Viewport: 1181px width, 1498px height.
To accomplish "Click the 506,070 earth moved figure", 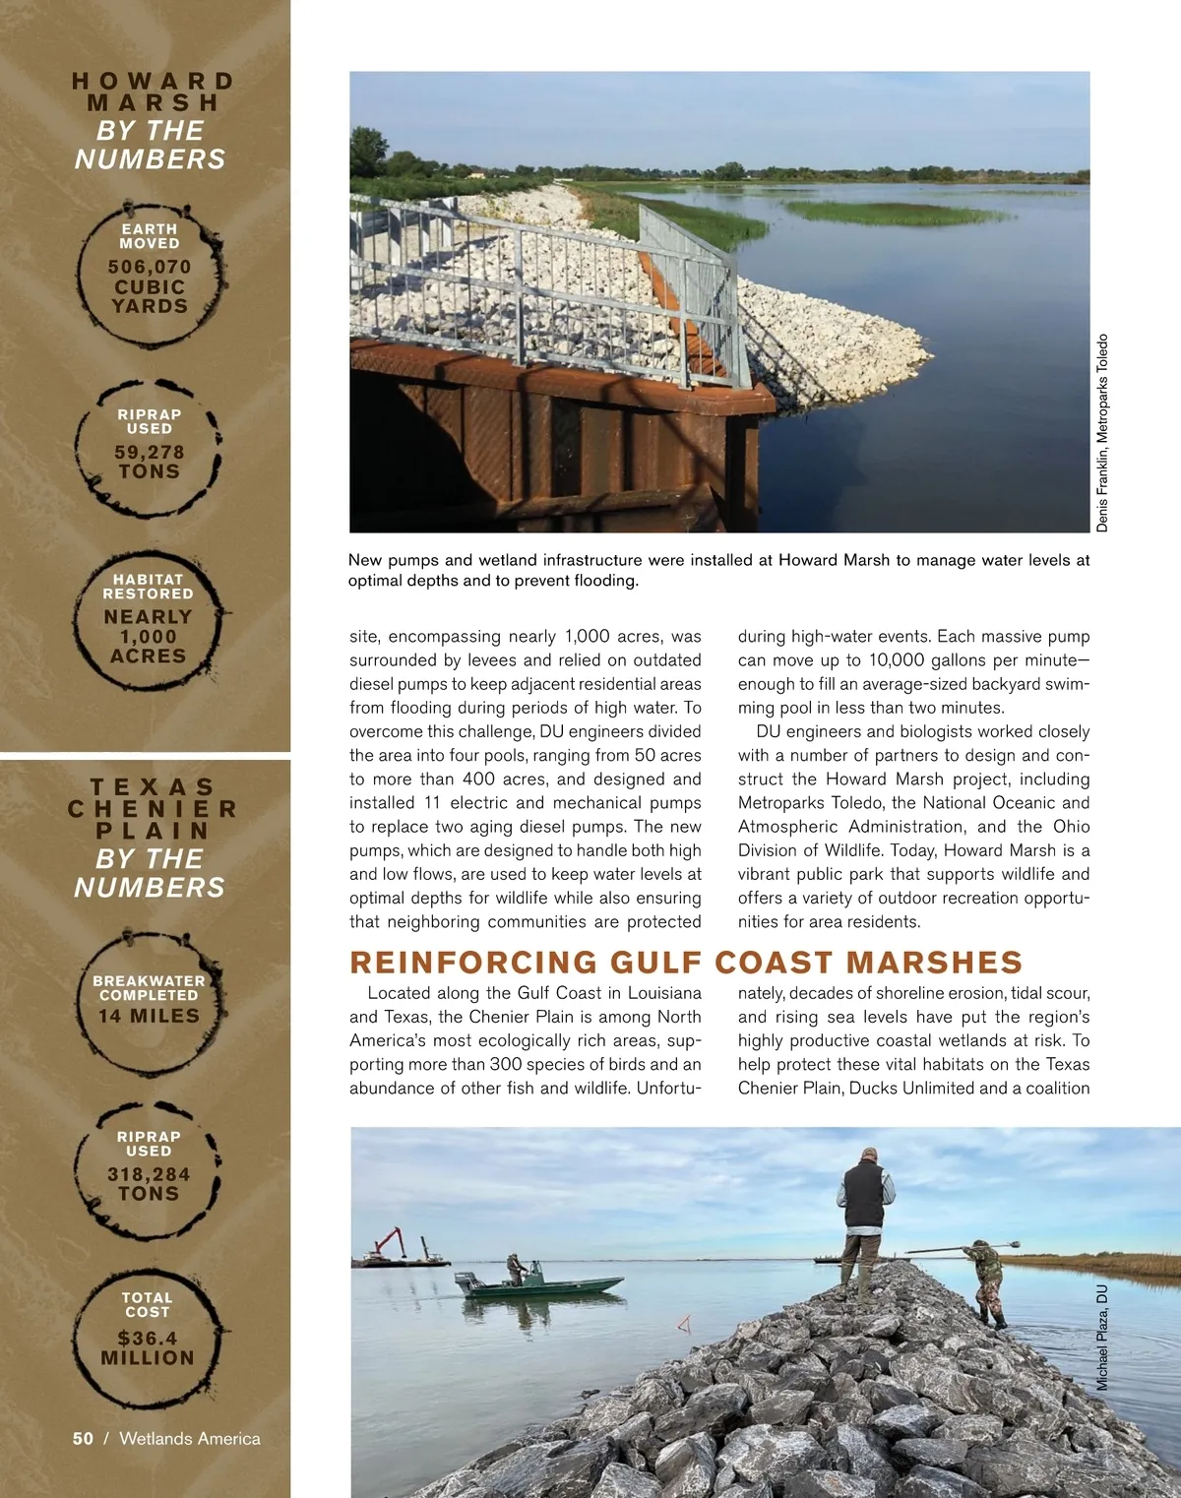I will pyautogui.click(x=150, y=267).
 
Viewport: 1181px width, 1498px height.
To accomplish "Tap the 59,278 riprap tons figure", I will pyautogui.click(x=150, y=453).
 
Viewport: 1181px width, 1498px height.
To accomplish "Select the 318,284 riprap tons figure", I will pyautogui.click(x=149, y=1174).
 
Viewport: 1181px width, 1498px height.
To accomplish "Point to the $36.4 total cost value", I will pyautogui.click(x=148, y=1338).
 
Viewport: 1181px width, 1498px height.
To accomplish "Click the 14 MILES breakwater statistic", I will pyautogui.click(x=149, y=1016).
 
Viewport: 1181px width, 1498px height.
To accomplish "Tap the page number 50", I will pyautogui.click(x=83, y=1438).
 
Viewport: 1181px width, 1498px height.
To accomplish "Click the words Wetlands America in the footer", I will pyautogui.click(x=190, y=1438).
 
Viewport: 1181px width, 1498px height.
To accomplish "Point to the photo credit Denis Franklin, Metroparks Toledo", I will pyautogui.click(x=1102, y=433).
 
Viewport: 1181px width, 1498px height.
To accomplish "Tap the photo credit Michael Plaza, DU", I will pyautogui.click(x=1102, y=1337).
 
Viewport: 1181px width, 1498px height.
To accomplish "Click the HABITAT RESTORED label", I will pyautogui.click(x=149, y=587).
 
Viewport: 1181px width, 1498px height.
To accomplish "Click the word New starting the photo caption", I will pyautogui.click(x=365, y=560).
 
